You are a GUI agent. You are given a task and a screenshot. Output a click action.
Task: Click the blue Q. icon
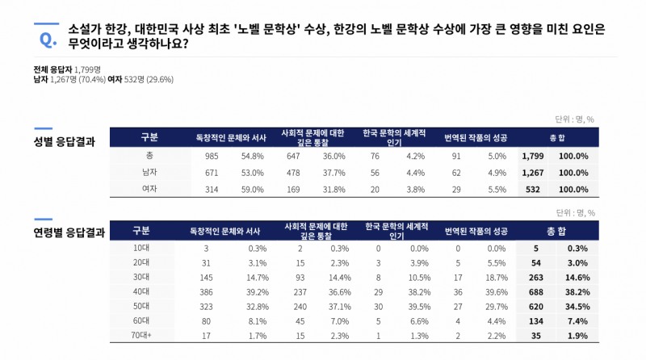click(x=47, y=36)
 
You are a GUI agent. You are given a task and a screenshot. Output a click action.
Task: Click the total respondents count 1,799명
click(x=98, y=70)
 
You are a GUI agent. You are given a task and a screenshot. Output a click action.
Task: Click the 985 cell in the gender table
click(x=212, y=156)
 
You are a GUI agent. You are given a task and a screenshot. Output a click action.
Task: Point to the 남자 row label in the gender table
click(x=149, y=172)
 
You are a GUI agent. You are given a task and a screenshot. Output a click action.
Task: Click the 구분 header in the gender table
click(x=149, y=136)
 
